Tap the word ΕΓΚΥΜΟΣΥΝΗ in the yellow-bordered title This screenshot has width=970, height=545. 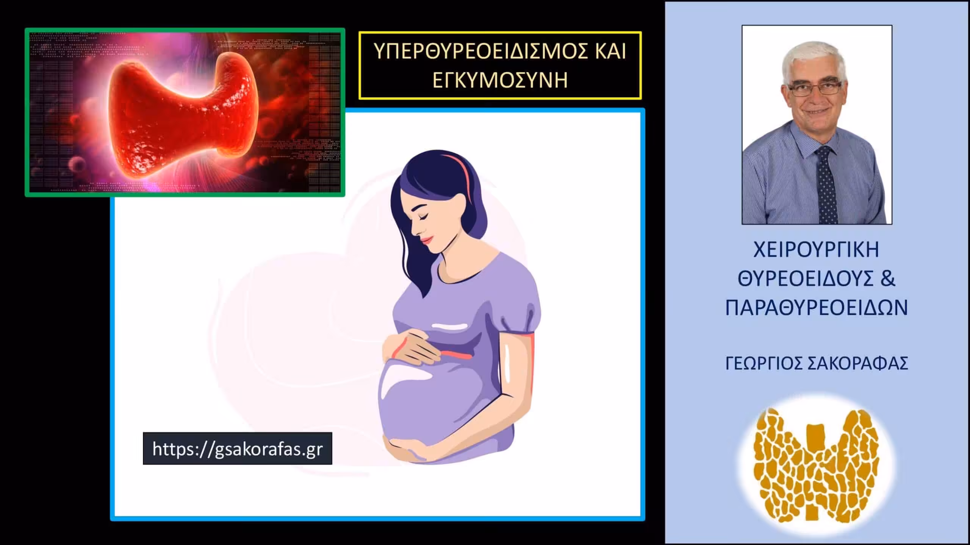(500, 80)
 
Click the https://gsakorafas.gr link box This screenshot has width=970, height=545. (238, 448)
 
